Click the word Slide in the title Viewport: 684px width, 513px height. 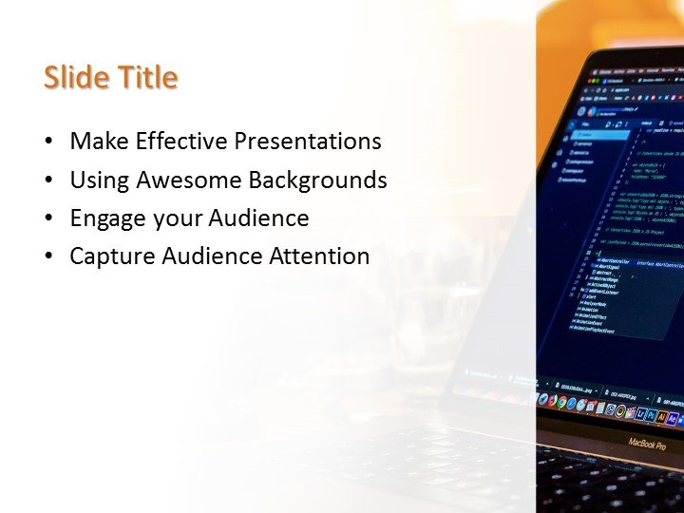pos(76,78)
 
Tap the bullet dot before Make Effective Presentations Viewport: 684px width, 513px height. pos(48,142)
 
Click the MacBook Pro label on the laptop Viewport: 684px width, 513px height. pos(647,444)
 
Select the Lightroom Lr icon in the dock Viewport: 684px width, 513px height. pos(642,414)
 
